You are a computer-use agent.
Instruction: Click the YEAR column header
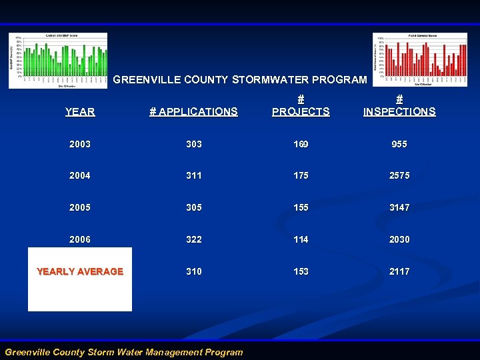click(x=80, y=112)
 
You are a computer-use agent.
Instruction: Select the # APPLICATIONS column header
click(x=193, y=112)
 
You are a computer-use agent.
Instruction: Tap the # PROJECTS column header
click(x=301, y=105)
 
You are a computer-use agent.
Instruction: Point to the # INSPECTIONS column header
click(x=399, y=105)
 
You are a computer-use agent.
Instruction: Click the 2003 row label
click(x=80, y=144)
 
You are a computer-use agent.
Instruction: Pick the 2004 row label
click(x=80, y=176)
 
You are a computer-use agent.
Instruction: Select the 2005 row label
click(x=80, y=207)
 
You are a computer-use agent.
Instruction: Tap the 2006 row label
click(x=80, y=239)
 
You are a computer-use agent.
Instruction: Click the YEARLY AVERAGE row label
click(x=80, y=271)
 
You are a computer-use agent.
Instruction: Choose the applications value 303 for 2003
click(x=193, y=144)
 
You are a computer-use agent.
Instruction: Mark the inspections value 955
click(x=399, y=144)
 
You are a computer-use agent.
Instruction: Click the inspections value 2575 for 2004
click(x=399, y=176)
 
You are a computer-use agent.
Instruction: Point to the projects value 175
click(x=301, y=176)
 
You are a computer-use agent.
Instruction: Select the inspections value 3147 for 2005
click(x=399, y=207)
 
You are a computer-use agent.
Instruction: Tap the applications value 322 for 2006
click(x=193, y=239)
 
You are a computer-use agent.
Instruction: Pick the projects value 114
click(x=301, y=239)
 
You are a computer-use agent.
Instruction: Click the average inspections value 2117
click(x=399, y=271)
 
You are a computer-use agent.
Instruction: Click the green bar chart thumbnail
click(x=58, y=60)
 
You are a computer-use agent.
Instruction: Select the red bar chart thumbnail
click(x=421, y=60)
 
